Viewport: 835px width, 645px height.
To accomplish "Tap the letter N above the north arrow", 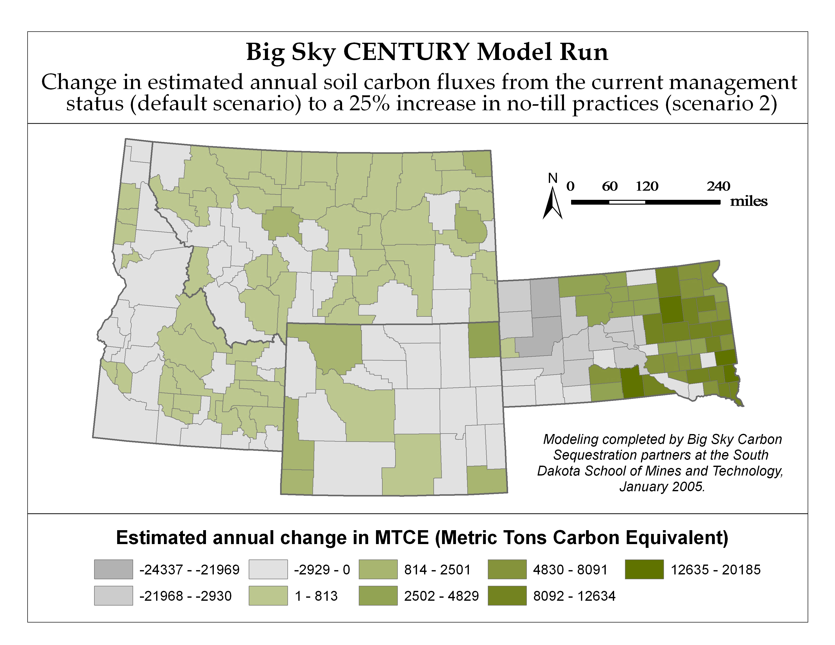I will [x=552, y=178].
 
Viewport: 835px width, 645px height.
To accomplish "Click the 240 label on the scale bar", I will [x=718, y=186].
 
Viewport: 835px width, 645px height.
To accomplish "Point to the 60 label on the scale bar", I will [x=610, y=186].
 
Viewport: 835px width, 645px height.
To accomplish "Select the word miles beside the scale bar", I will [x=749, y=201].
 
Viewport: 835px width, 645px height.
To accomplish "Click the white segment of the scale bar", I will [x=627, y=202].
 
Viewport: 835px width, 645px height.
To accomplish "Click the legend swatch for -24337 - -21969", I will [x=114, y=569].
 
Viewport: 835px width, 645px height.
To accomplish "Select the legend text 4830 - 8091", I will [x=570, y=570].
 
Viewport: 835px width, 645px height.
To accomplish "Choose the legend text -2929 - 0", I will [x=322, y=570].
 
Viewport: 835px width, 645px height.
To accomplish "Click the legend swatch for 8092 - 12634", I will [x=507, y=596].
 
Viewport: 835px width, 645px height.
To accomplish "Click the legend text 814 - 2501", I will [x=437, y=570].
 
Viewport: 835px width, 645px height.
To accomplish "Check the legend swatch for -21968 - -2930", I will [x=114, y=596].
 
